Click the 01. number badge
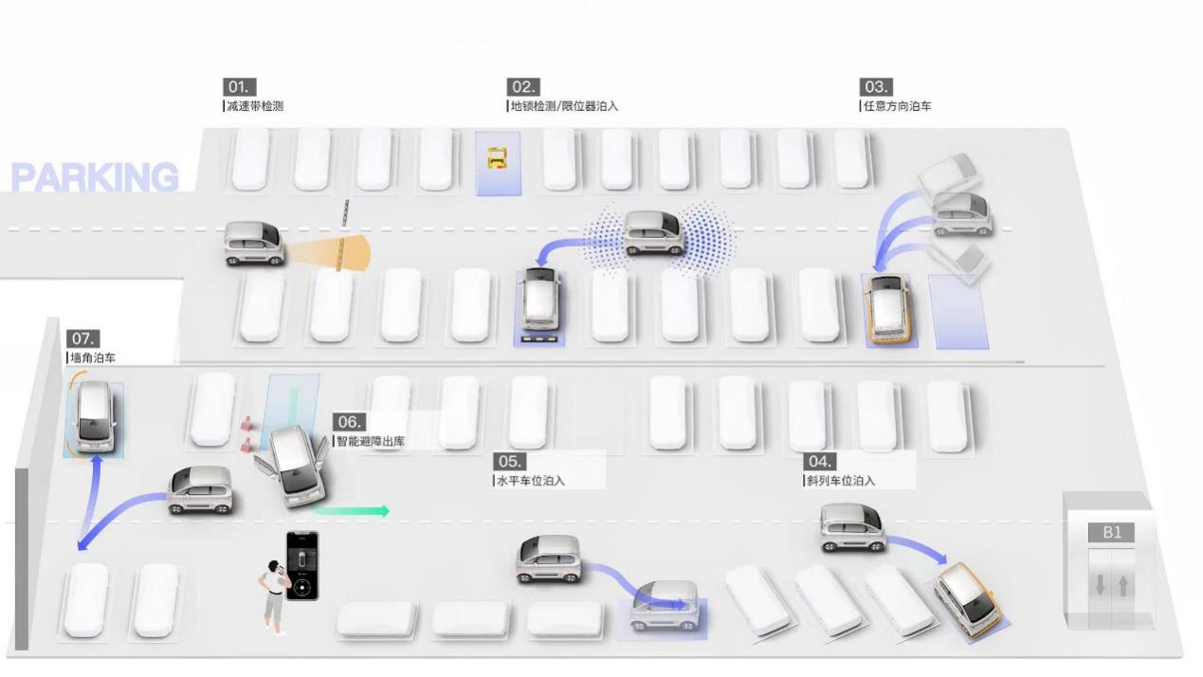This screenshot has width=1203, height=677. tap(240, 87)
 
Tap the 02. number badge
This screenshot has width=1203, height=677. tap(523, 87)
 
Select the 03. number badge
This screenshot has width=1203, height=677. tap(876, 87)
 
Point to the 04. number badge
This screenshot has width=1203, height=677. tap(820, 462)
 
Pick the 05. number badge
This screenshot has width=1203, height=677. tap(510, 462)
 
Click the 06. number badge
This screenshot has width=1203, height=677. tap(349, 422)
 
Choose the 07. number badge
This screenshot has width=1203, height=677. tap(82, 339)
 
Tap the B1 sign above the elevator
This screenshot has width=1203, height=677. tap(1111, 533)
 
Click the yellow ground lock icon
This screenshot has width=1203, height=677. tap(498, 158)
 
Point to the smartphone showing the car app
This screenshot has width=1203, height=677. tap(302, 566)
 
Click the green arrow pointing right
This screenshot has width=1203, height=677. tap(349, 511)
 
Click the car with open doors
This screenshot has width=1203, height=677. tap(294, 467)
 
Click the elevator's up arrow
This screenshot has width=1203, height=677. tap(1123, 585)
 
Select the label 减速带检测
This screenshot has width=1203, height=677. tap(255, 106)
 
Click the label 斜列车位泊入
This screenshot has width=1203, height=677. tap(841, 481)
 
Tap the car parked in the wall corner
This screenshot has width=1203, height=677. tap(96, 416)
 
